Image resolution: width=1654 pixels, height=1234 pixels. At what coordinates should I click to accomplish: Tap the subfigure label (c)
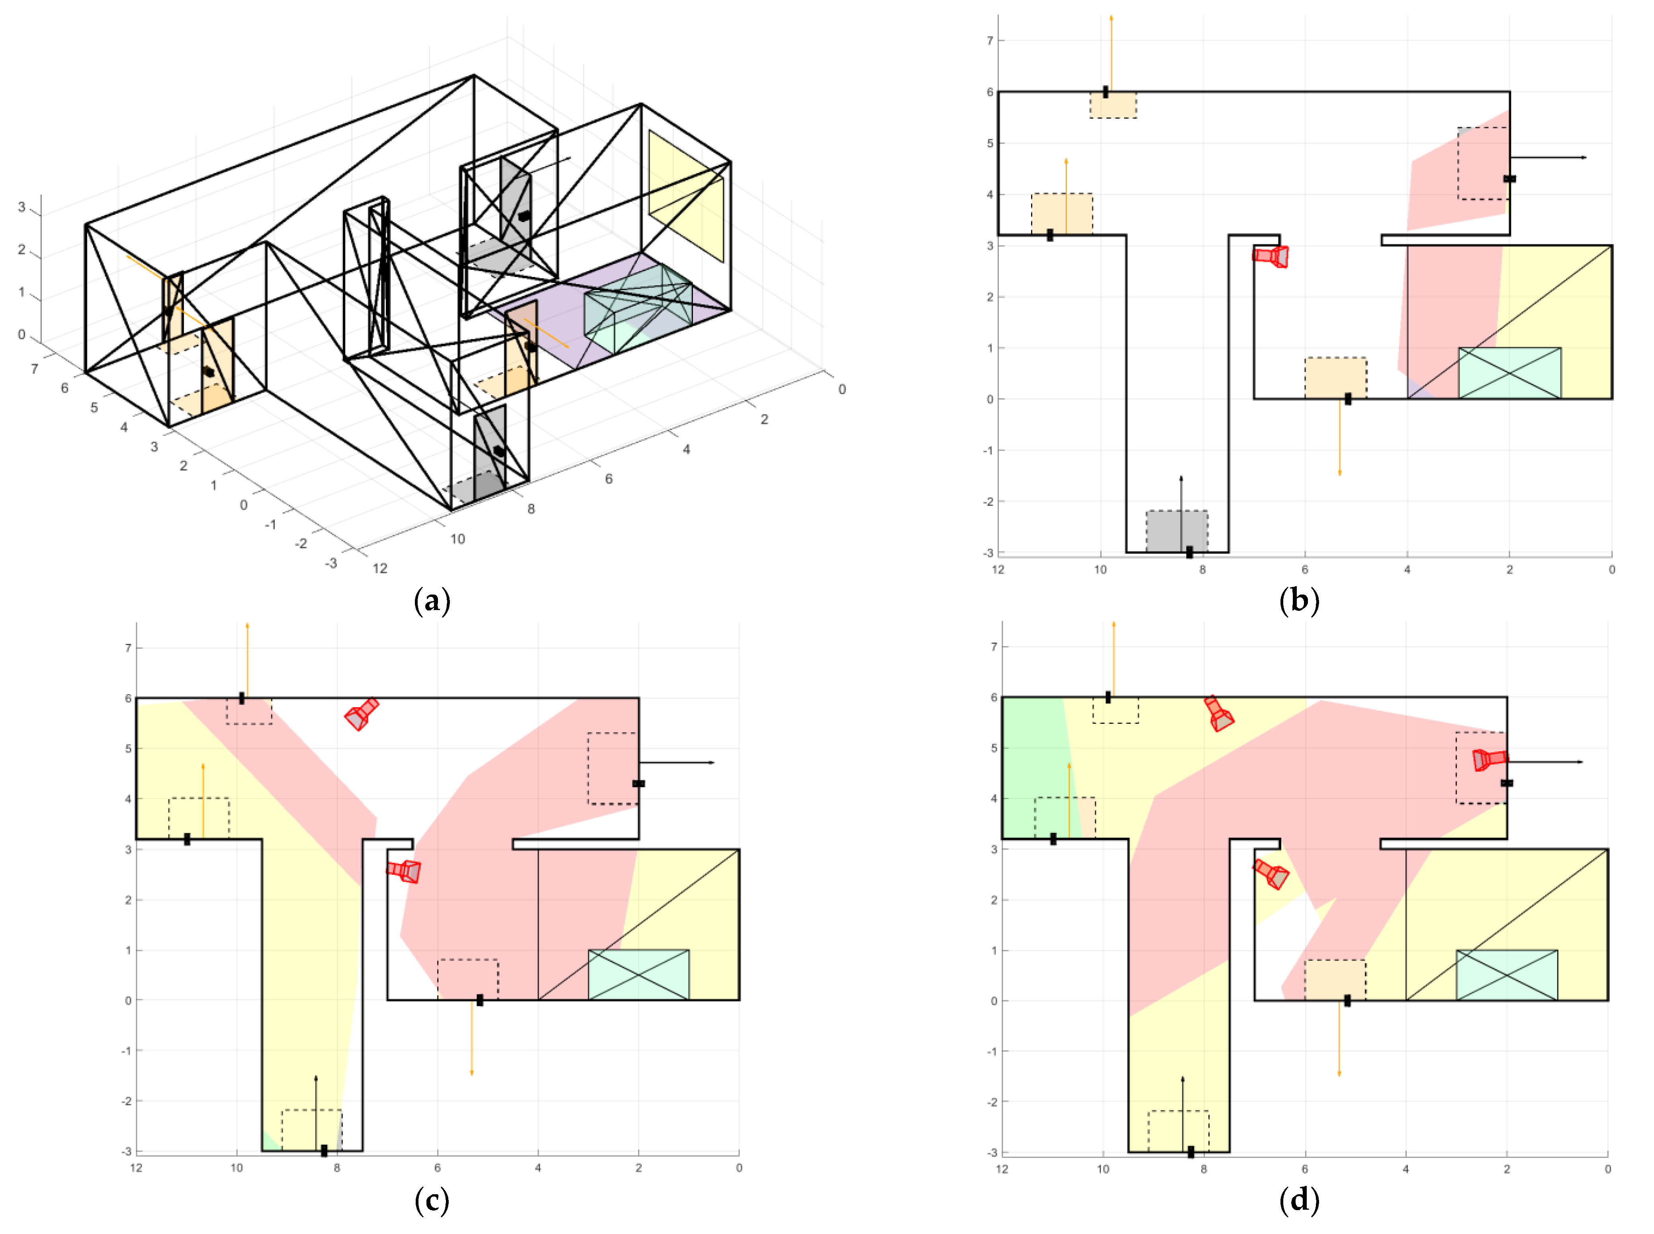point(432,1201)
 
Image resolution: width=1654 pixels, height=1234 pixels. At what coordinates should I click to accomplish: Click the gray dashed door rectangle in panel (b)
point(1176,531)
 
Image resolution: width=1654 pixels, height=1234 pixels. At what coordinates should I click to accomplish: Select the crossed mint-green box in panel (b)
point(1509,373)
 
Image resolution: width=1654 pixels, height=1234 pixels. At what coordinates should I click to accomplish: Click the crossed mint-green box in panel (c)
point(638,975)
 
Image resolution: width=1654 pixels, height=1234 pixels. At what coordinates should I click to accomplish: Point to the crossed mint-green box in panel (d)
point(1506,975)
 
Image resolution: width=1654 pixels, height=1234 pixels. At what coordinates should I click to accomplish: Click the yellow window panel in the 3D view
point(685,196)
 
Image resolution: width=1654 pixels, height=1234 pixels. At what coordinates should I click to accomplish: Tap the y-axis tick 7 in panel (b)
point(990,40)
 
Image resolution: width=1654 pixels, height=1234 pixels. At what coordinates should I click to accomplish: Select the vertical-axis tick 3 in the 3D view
point(21,207)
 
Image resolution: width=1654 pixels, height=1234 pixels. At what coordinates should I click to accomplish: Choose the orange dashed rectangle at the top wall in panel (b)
point(1113,105)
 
